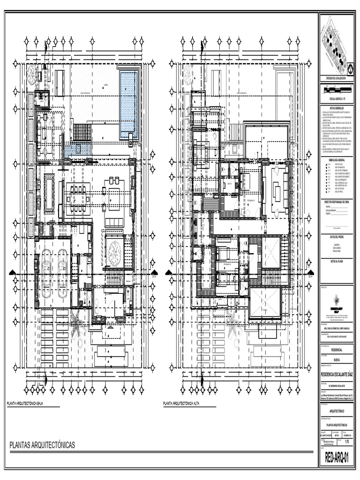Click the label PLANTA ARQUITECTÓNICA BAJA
click(24, 404)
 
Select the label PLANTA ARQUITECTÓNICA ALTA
click(180, 404)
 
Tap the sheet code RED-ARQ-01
click(337, 458)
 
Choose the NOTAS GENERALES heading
click(337, 108)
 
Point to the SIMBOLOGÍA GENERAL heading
click(337, 160)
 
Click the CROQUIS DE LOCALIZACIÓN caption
click(337, 78)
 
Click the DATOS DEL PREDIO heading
click(337, 237)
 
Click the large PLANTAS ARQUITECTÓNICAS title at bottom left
click(42, 445)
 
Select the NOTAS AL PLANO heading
click(337, 261)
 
